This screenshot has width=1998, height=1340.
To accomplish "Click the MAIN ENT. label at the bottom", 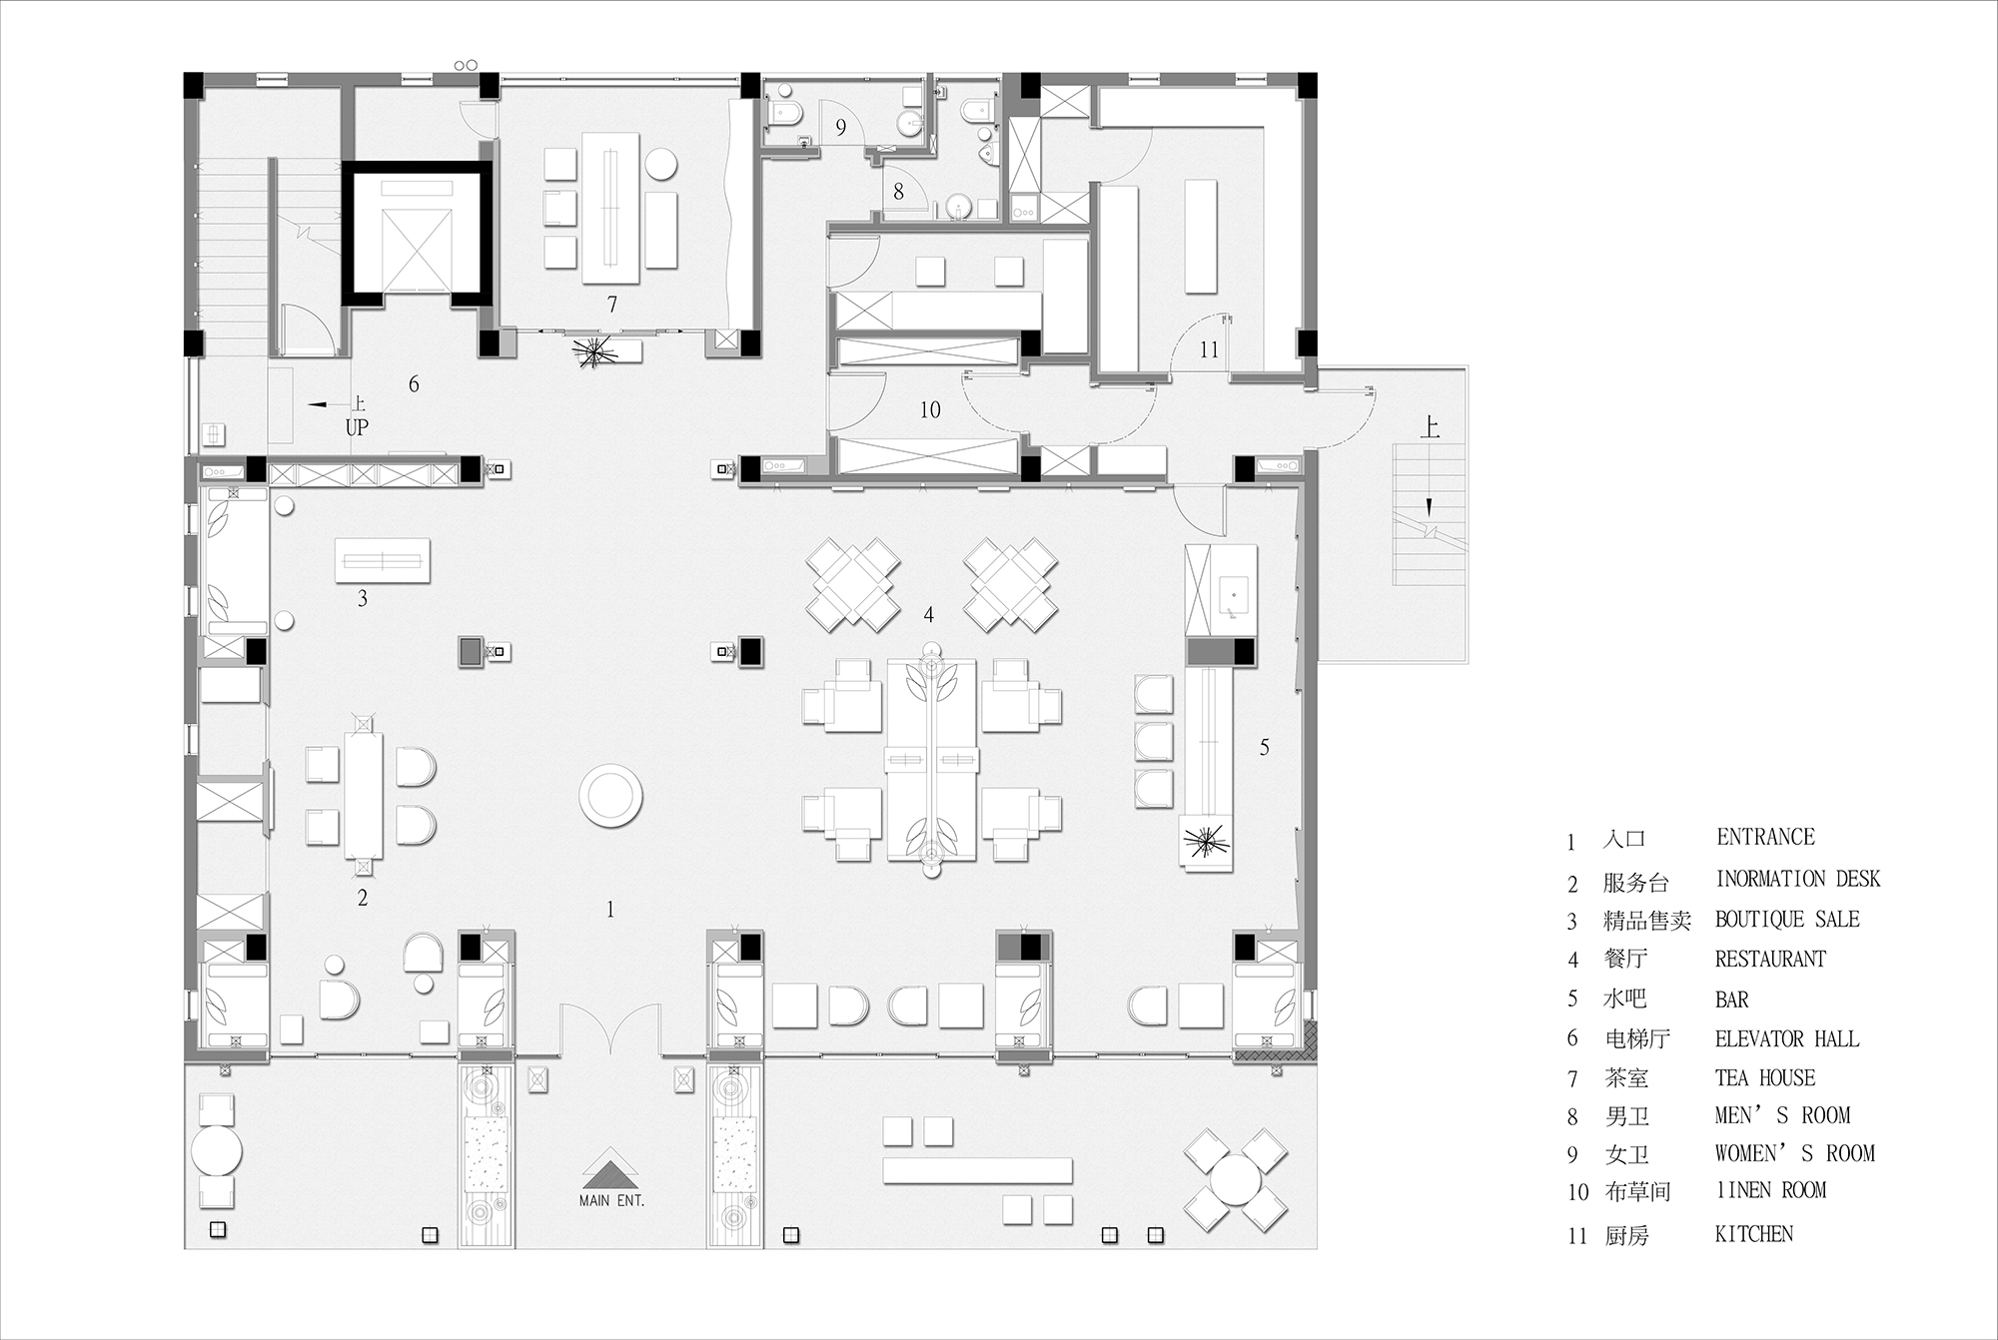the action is click(x=611, y=1200).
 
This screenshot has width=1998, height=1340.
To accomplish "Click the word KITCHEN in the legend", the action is click(x=1754, y=1234).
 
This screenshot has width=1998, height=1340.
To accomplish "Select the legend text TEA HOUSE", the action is click(x=1765, y=1078).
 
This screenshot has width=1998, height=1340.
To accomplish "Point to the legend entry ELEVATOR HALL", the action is click(x=1787, y=1039).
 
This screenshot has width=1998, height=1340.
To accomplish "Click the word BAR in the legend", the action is click(x=1732, y=1000).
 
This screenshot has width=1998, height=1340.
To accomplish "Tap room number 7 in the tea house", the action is click(x=612, y=305).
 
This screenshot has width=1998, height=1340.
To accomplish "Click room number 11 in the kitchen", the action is click(x=1210, y=349).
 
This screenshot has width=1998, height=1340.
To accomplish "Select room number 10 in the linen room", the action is click(x=930, y=409).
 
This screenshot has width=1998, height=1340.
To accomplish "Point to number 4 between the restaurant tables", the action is click(x=929, y=615).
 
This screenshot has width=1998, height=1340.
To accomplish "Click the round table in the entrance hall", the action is click(x=610, y=796).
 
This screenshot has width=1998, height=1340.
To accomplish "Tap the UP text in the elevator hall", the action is click(x=357, y=428).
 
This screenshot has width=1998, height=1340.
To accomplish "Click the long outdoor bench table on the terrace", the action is click(x=978, y=1170).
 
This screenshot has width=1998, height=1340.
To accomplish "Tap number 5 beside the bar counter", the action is click(x=1265, y=747).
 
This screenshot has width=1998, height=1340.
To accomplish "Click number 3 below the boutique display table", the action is click(x=363, y=599).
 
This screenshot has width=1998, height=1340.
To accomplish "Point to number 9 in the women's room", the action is click(x=841, y=128).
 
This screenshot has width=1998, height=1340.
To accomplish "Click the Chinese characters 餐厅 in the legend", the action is click(x=1625, y=960).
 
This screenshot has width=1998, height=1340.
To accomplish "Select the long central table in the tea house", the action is click(x=611, y=209).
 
